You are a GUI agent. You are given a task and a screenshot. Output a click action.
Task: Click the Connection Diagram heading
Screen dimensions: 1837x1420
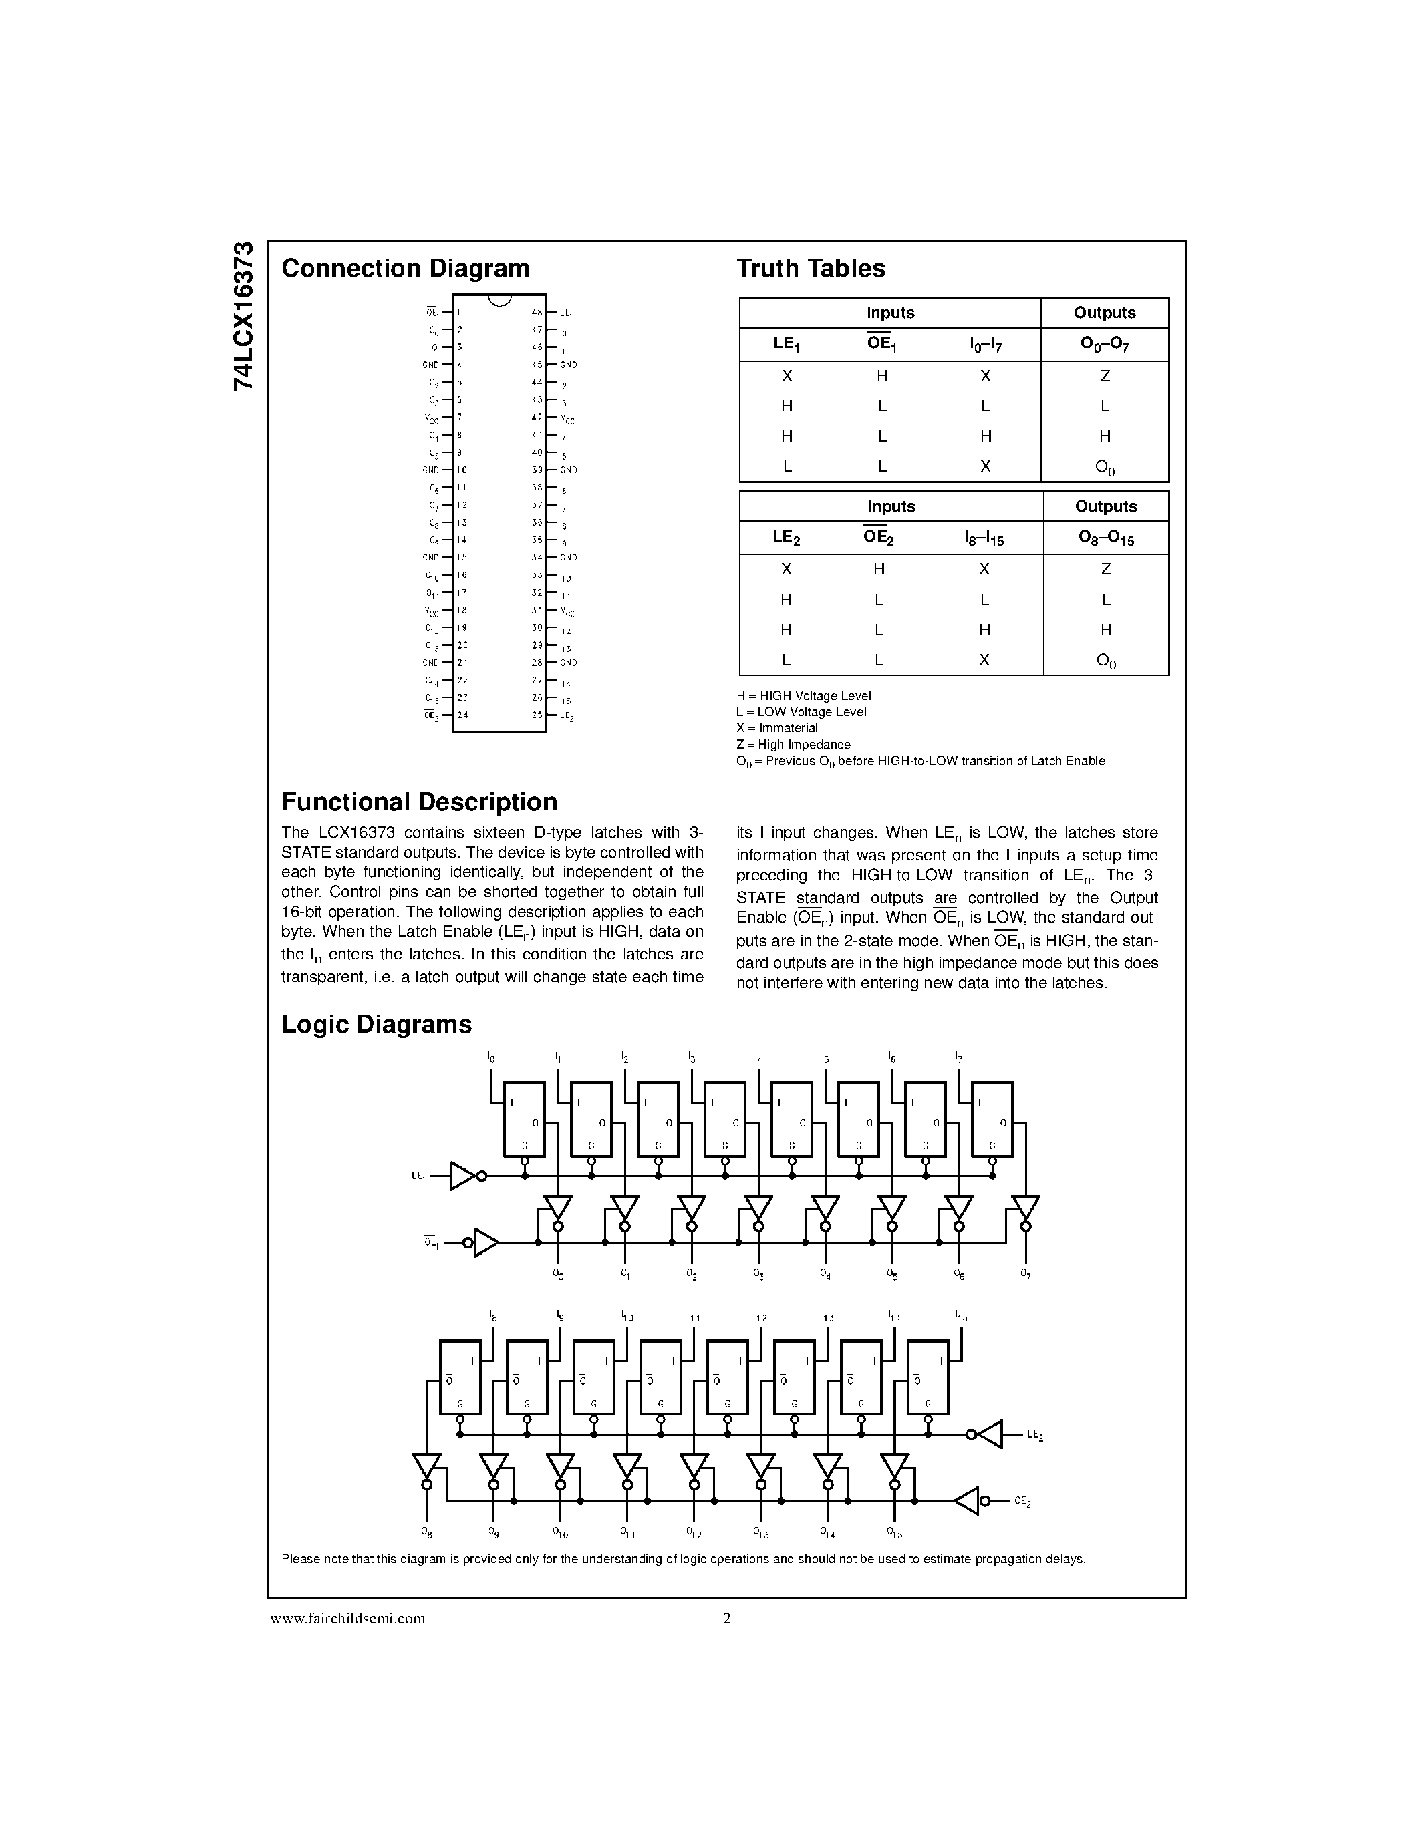coord(405,269)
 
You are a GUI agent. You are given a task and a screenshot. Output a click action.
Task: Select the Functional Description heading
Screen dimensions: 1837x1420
coord(419,802)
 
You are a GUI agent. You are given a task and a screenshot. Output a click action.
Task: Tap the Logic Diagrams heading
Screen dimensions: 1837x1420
coord(376,1025)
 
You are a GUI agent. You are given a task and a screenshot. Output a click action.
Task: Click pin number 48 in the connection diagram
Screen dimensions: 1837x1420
coord(536,312)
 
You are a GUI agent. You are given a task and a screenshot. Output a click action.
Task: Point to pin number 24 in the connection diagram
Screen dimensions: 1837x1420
coord(462,715)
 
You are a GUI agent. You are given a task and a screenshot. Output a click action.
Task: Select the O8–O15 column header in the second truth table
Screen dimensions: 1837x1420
coord(1105,538)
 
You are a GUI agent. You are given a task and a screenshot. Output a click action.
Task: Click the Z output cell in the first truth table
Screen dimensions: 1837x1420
coord(1105,376)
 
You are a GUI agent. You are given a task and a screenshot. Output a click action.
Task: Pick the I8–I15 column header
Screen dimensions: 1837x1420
coord(984,538)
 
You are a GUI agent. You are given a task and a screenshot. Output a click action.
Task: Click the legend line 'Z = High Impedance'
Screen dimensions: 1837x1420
coord(793,744)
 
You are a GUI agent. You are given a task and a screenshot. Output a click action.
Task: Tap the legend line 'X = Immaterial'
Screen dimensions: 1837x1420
coord(776,728)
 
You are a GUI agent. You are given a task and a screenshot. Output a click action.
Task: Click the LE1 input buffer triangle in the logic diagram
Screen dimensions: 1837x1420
coord(462,1176)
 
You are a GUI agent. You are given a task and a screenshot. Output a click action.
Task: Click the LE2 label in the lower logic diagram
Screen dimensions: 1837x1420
coord(1034,1435)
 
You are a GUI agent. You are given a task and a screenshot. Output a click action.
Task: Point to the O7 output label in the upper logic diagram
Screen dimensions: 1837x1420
coord(1026,1273)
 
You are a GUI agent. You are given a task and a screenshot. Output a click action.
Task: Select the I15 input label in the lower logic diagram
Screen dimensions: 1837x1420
coord(961,1317)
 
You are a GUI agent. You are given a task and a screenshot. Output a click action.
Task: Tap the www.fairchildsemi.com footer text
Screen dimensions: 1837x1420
coord(347,1617)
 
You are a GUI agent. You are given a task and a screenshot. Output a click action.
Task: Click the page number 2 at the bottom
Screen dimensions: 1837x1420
coord(727,1617)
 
